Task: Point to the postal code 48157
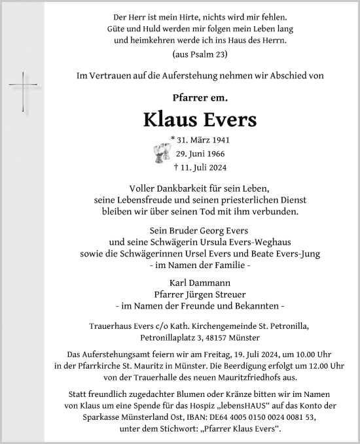(236, 338)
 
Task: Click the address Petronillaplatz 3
(172, 338)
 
